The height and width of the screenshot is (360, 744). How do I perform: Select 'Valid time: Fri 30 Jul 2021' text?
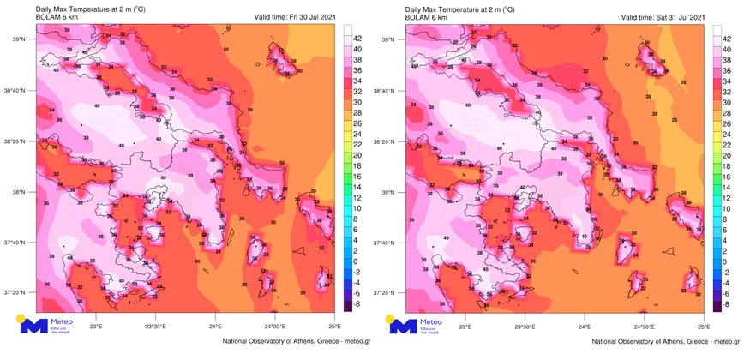coord(295,17)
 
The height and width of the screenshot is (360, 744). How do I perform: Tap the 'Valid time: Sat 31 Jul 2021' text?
coord(663,17)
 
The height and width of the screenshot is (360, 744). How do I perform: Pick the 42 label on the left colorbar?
coord(357,39)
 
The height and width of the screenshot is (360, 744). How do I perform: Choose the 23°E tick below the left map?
coord(95,326)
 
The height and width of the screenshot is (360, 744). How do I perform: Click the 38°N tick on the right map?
coord(390,192)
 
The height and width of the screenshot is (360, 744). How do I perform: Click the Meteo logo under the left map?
coord(48,326)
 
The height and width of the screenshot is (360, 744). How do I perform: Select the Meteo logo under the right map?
coord(417,326)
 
